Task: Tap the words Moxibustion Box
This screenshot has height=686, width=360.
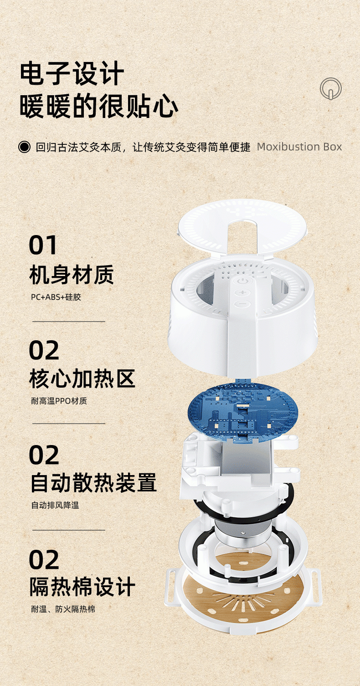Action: coord(299,147)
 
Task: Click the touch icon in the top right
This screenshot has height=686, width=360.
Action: coord(330,88)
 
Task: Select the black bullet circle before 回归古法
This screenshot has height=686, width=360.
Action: coord(24,147)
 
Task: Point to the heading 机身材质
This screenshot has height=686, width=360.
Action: coord(72,275)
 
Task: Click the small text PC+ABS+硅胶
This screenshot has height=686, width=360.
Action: coord(56,297)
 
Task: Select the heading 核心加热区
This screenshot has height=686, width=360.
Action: coord(82,379)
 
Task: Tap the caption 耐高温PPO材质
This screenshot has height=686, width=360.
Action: coord(59,401)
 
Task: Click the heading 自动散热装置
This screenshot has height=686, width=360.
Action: coord(93,483)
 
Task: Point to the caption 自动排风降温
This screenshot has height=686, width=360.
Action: coord(55,505)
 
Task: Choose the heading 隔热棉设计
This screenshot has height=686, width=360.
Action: coord(82,587)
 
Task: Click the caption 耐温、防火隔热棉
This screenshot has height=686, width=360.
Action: coord(63,609)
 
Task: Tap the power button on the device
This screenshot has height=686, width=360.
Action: coord(242,281)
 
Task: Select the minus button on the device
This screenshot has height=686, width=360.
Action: coord(242,304)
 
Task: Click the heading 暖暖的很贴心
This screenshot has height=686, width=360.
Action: coord(99,107)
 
